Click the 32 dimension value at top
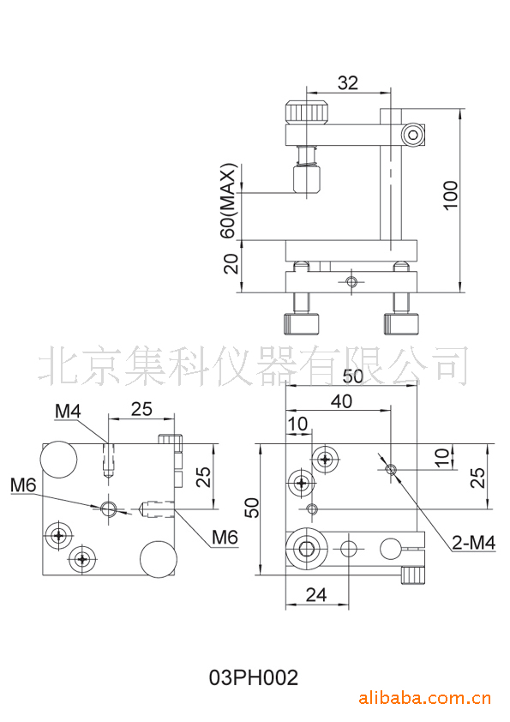pyautogui.click(x=347, y=83)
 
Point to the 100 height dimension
pyautogui.click(x=451, y=196)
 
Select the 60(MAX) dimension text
pyautogui.click(x=228, y=201)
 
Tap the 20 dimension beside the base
pyautogui.click(x=231, y=263)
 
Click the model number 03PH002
pyautogui.click(x=254, y=677)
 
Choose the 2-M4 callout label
pyautogui.click(x=473, y=543)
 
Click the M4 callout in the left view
pyautogui.click(x=68, y=412)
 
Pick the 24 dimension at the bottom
pyautogui.click(x=316, y=595)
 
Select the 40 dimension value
pyautogui.click(x=341, y=401)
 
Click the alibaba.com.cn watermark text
pyautogui.click(x=425, y=699)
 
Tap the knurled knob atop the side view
pyautogui.click(x=307, y=112)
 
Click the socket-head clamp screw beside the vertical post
pyautogui.click(x=413, y=135)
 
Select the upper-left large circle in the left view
pyautogui.click(x=58, y=459)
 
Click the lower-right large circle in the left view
pyautogui.click(x=159, y=559)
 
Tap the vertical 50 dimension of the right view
pyautogui.click(x=254, y=508)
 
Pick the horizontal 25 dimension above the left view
pyautogui.click(x=141, y=409)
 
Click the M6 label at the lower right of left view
pyautogui.click(x=225, y=537)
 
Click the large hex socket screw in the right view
pyautogui.click(x=307, y=549)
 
